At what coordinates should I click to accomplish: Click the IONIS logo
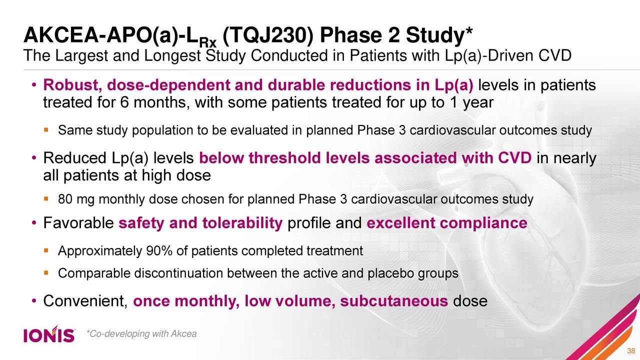(49, 334)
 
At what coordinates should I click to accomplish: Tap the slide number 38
(630, 349)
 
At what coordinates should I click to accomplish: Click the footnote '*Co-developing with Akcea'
(141, 333)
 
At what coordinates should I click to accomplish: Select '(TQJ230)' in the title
(268, 35)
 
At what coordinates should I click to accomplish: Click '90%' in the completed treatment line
(158, 250)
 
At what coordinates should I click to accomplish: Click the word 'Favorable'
(79, 222)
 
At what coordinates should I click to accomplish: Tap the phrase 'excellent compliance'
(446, 222)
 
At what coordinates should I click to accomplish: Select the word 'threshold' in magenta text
(285, 158)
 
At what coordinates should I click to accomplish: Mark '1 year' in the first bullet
(470, 103)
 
